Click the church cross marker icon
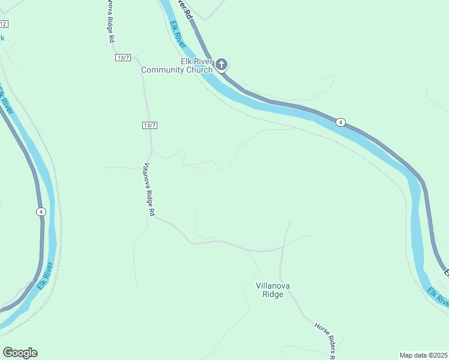[221, 64]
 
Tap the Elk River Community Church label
[176, 66]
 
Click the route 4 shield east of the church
[340, 122]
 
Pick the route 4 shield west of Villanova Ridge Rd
[40, 211]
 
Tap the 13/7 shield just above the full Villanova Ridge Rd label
[150, 125]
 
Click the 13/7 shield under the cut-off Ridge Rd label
[122, 57]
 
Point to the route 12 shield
[4, 24]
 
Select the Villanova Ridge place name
[273, 290]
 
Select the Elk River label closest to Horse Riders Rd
[438, 296]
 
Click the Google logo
[20, 353]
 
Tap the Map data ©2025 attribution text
[423, 355]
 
